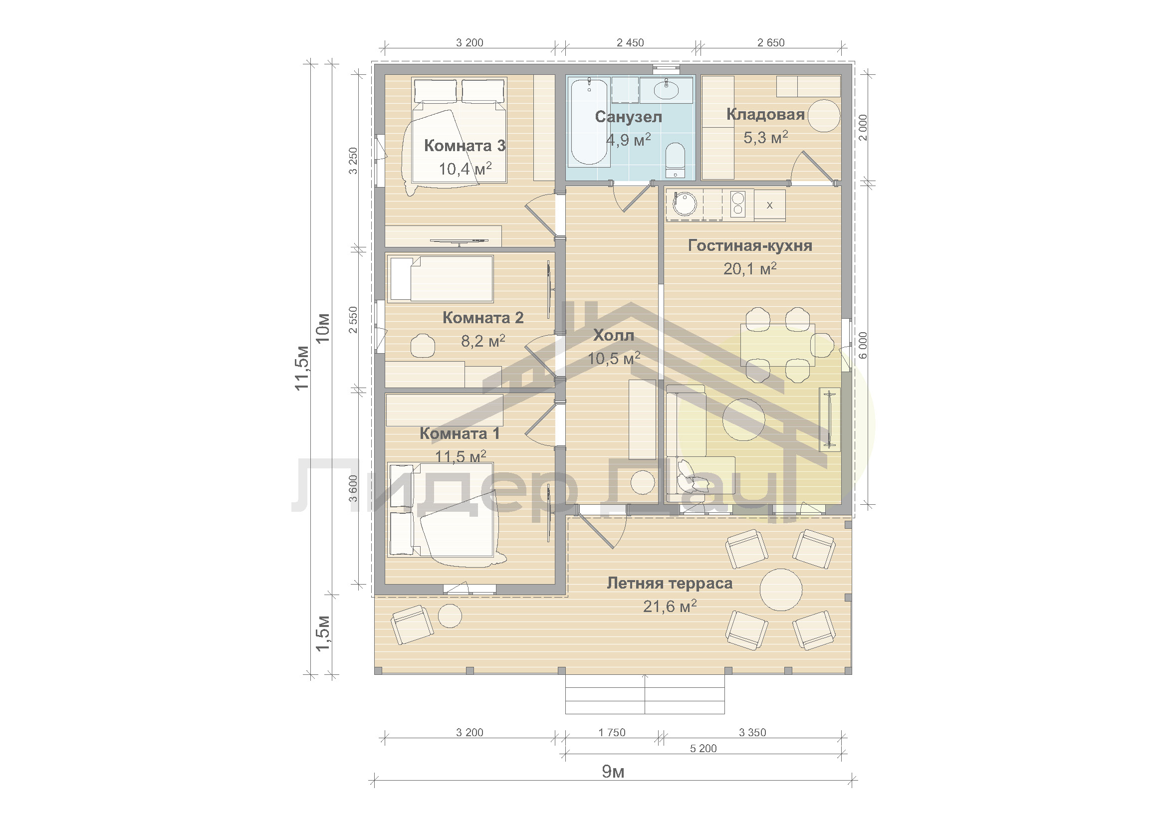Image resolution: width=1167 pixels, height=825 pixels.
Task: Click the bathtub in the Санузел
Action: click(589, 122)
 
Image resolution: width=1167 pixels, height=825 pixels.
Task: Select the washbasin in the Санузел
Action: click(666, 90)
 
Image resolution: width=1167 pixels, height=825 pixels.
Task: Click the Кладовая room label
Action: click(765, 114)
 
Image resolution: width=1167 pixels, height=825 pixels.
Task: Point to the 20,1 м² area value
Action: click(750, 268)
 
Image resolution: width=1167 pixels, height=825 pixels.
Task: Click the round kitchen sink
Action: click(684, 204)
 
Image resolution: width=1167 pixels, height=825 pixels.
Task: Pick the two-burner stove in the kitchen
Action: click(738, 204)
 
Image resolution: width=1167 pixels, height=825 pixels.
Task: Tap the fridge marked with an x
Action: click(769, 205)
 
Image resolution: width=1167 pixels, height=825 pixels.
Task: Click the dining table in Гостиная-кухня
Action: click(778, 345)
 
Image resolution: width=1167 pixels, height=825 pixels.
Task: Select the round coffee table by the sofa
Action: click(743, 419)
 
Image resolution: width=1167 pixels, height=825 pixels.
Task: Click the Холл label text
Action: click(614, 335)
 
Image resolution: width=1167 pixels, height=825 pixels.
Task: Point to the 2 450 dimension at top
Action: click(630, 43)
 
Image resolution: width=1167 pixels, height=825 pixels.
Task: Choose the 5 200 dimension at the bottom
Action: click(703, 748)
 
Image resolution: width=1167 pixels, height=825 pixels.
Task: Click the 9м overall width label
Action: click(613, 772)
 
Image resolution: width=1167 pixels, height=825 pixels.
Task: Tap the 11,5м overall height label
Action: click(302, 368)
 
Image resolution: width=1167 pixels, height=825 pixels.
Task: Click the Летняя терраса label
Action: click(670, 583)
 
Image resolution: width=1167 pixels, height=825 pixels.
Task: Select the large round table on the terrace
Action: click(781, 589)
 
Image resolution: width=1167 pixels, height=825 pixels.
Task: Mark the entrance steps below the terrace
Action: click(645, 694)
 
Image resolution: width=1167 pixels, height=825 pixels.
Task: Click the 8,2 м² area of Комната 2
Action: click(483, 341)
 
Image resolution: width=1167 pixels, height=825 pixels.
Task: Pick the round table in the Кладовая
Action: click(824, 116)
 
